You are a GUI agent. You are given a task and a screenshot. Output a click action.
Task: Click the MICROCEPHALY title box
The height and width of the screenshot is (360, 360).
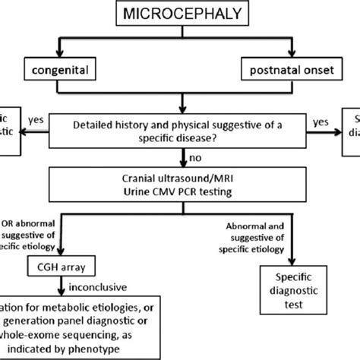[x=181, y=14]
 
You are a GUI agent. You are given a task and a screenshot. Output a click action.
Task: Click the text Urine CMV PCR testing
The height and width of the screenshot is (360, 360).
[x=179, y=194]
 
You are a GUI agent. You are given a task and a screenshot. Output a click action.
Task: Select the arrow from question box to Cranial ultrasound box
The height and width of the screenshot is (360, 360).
[x=181, y=158]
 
